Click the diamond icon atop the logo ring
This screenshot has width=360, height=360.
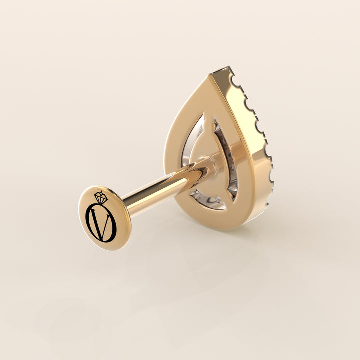[x=101, y=197]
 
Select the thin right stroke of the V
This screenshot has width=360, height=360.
[x=106, y=226]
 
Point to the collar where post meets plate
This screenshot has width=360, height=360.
[x=209, y=166]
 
